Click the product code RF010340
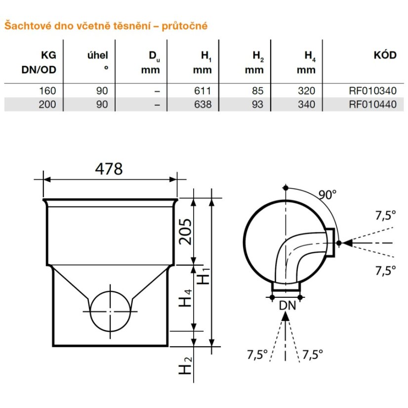tap(372, 91)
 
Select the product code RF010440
tap(372, 104)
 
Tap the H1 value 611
tap(203, 91)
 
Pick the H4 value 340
tap(307, 104)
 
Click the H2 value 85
tap(258, 91)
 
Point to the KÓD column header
tap(385, 55)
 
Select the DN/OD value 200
tap(47, 104)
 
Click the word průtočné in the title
tap(184, 26)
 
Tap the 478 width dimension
tap(109, 169)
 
